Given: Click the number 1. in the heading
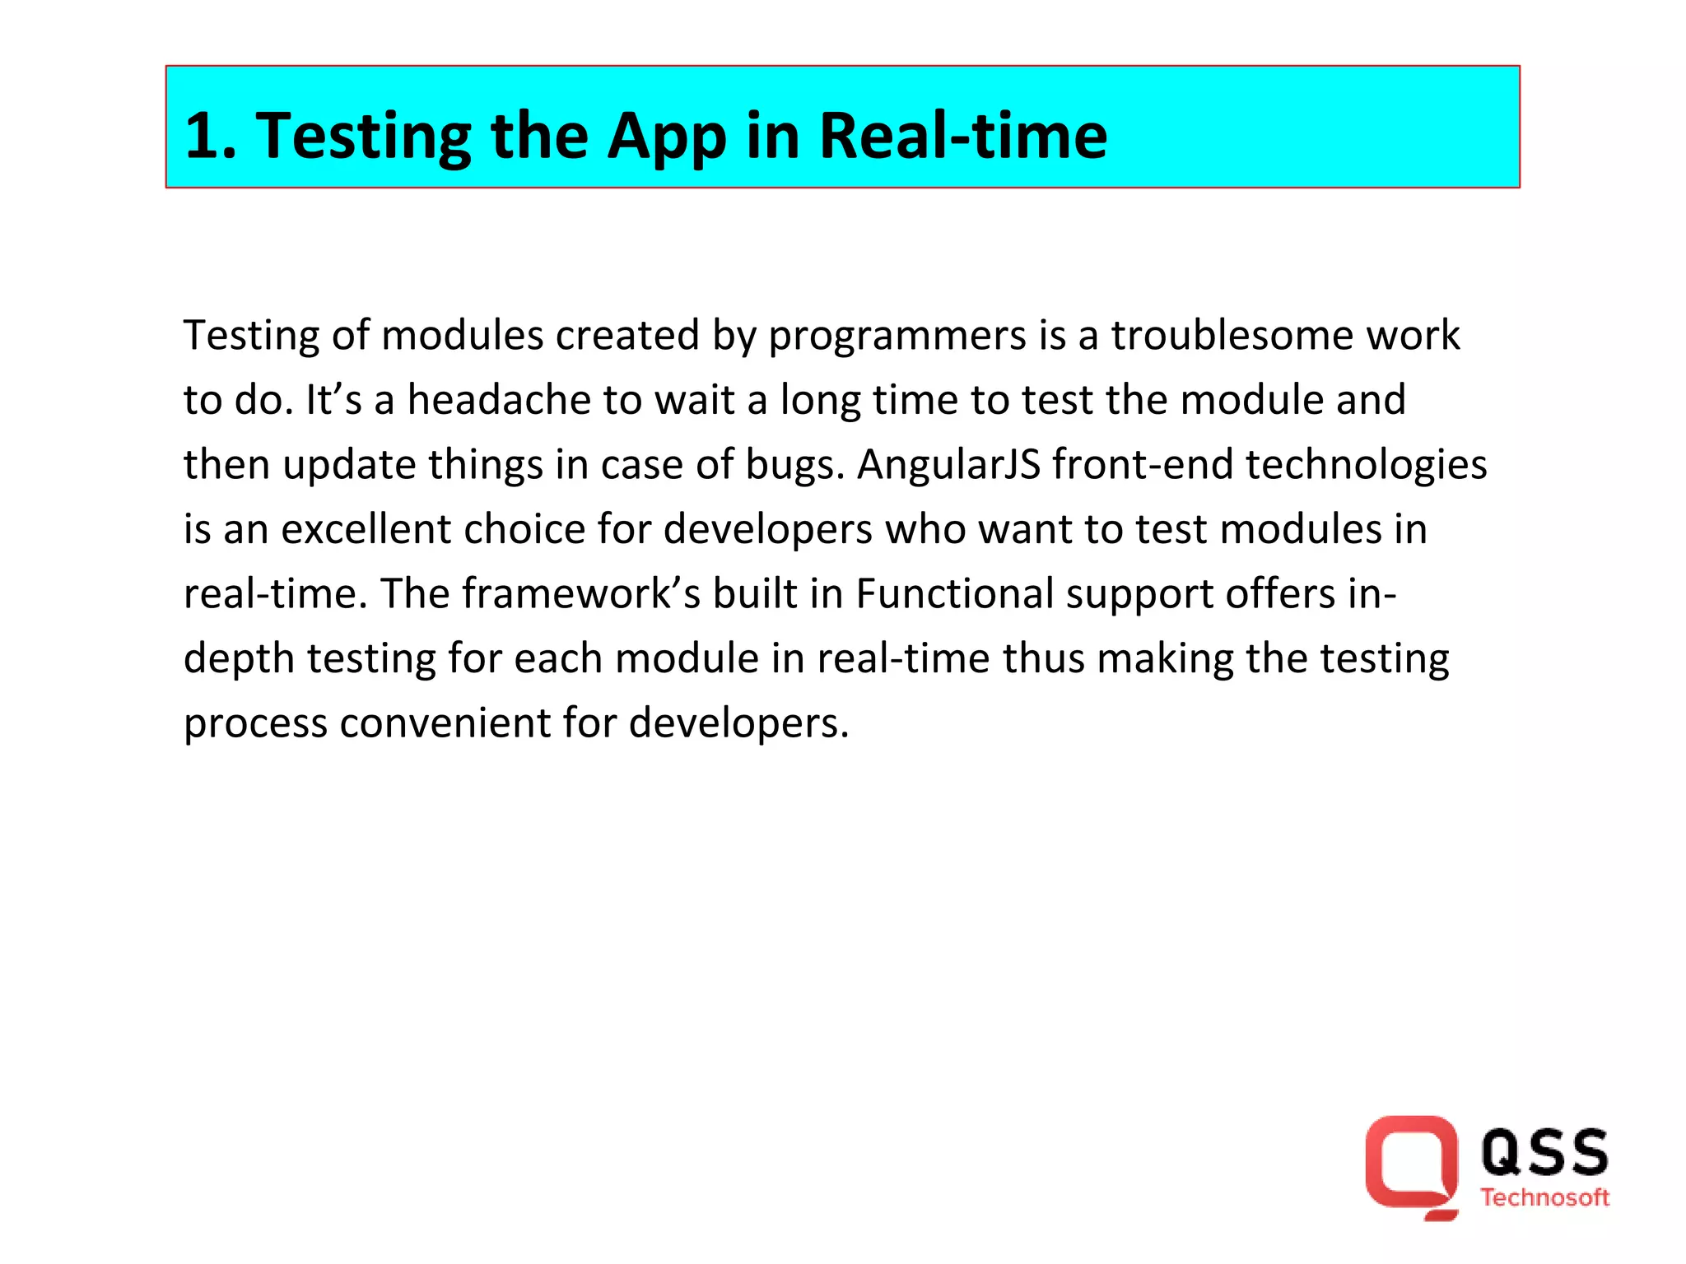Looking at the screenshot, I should click(211, 136).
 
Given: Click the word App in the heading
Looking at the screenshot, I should click(667, 136).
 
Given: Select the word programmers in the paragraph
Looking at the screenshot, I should click(897, 336).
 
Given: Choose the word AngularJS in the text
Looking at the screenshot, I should click(948, 465).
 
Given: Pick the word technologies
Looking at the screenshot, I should click(1366, 465).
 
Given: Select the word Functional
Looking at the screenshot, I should click(955, 594).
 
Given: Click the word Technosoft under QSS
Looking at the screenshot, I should click(1544, 1198).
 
